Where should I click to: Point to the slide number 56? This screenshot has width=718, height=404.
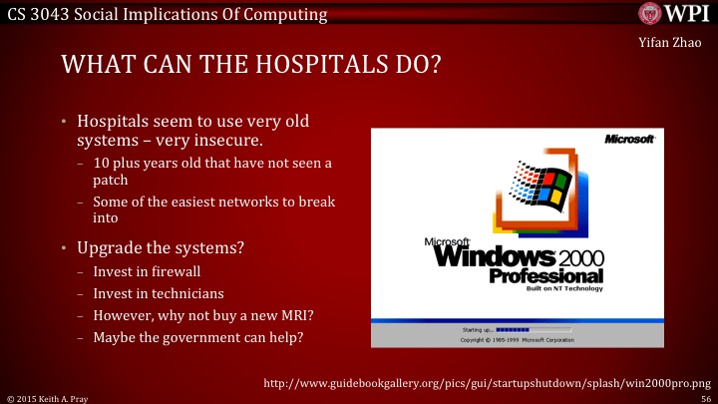pos(705,396)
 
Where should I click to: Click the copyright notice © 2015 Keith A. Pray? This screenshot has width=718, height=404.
pos(49,396)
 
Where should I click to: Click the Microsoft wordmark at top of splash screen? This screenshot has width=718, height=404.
pos(629,139)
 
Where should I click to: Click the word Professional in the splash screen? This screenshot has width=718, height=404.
pos(545,275)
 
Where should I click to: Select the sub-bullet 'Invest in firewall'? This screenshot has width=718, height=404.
pos(145,270)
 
